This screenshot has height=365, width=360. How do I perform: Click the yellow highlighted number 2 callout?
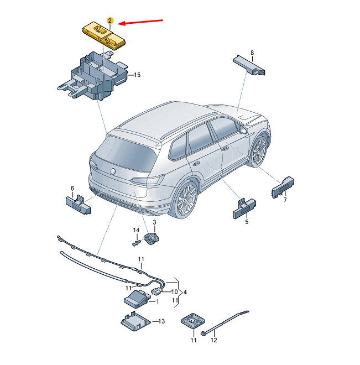110,20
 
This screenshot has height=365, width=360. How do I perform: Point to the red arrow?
140,22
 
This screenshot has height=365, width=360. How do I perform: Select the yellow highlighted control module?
104,35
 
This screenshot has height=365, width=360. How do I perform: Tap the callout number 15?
137,75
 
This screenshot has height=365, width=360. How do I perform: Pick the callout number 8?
252,53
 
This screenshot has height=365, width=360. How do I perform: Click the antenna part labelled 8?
249,65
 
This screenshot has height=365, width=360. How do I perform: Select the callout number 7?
285,200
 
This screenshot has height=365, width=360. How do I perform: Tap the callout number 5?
247,222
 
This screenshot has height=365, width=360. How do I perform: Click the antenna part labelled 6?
78,205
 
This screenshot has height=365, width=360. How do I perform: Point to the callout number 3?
154,222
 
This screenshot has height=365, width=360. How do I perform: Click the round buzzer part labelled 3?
152,238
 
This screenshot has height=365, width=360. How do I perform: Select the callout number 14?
136,230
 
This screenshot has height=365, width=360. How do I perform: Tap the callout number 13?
161,321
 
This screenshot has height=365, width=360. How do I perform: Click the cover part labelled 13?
135,321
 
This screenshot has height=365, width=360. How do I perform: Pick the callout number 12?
213,340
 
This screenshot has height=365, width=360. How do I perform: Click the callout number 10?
175,291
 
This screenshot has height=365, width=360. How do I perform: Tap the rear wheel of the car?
185,200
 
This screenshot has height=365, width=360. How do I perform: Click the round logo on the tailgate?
113,171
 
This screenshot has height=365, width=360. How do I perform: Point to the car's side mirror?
243,129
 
